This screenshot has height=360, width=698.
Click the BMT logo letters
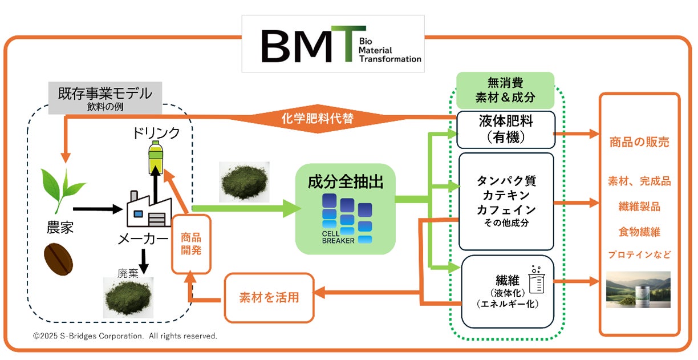coord(313,44)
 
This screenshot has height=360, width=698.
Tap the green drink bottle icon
coord(156,157)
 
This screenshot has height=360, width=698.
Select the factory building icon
coord(149,208)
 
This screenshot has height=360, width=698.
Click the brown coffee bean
coord(59,260)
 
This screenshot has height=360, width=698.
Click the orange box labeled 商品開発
coord(191,244)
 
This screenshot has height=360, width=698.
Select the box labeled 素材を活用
coord(269,298)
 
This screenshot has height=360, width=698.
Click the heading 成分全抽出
coord(345,182)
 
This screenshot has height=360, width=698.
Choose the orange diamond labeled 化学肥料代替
coord(318,119)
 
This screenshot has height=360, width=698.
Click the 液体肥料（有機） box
coord(506,130)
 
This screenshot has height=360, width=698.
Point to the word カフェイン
coord(506,210)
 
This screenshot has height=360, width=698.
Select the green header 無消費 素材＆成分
coord(505,90)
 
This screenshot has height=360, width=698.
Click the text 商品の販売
coord(639,142)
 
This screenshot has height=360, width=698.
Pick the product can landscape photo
coord(638,290)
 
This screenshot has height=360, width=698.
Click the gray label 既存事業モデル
coord(105,98)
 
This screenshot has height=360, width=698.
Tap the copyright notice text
coord(125,336)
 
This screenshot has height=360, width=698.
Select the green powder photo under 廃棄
coord(128,297)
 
